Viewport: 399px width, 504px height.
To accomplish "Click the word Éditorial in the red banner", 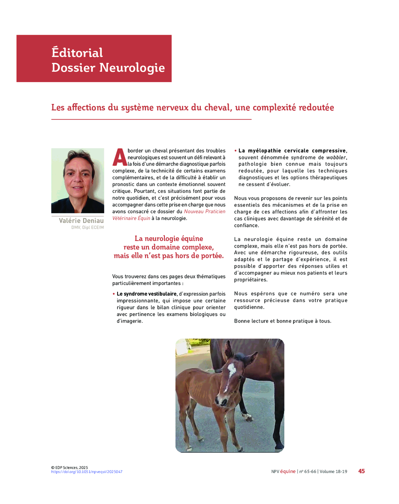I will (77, 53).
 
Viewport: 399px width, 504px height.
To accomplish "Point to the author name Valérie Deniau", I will (82, 221).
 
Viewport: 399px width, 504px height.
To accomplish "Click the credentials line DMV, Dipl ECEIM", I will (88, 228).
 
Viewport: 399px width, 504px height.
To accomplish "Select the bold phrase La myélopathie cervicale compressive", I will (292, 151).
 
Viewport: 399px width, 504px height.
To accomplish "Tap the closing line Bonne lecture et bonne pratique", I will (282, 321).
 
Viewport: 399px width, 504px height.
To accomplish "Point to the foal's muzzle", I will (222, 401).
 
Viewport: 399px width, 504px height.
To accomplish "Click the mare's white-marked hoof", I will (247, 416).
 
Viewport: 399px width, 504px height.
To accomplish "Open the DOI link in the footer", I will (87, 472).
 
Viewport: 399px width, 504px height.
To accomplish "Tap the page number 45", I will (361, 471).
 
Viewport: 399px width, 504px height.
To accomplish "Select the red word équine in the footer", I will (287, 471).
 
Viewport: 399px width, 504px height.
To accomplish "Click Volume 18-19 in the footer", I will (333, 471).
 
